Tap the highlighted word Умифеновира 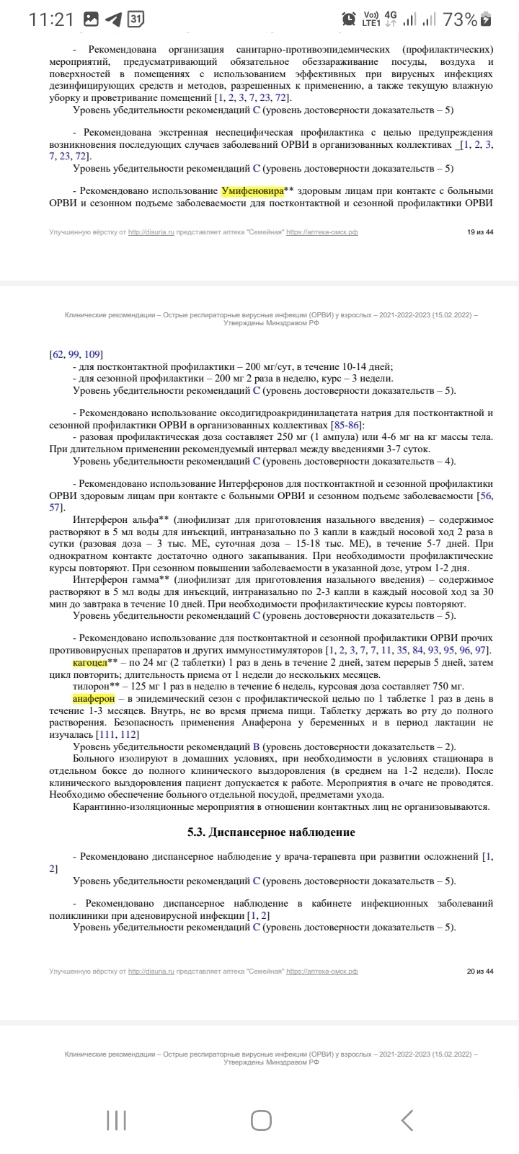252,190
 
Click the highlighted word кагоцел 90,662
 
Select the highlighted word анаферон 94,699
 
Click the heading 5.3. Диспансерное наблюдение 271,832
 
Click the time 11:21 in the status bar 51,19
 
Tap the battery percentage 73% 461,19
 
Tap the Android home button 261,1119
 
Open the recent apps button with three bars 116,1119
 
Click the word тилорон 90,686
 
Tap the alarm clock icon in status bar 349,19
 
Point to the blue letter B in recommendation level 256,746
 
